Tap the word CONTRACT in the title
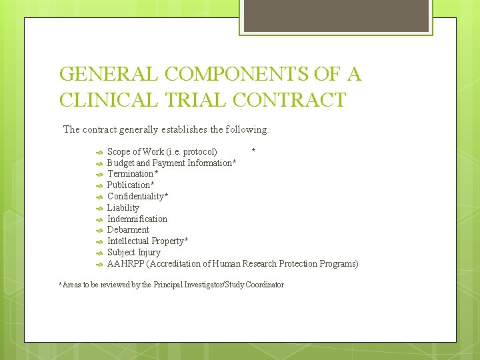290,100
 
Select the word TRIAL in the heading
193,100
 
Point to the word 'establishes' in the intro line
183,129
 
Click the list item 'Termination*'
133,174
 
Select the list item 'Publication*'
131,185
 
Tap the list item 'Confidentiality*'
137,196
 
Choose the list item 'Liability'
123,207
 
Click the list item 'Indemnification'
137,219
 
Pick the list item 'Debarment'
128,229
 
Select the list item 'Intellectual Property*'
147,241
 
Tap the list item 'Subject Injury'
133,252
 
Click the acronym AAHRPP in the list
126,263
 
